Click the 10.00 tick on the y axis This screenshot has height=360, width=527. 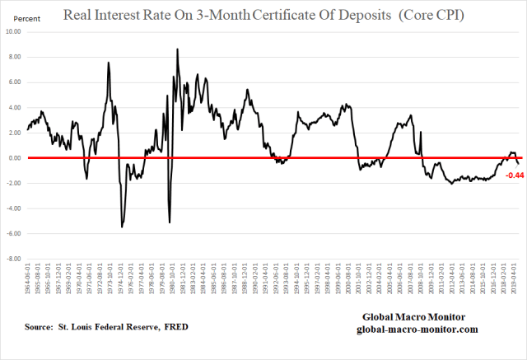pos(12,31)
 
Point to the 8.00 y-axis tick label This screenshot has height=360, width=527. pos(13,57)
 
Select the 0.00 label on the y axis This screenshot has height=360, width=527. pos(13,157)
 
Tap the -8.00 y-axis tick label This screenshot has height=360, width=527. pos(12,259)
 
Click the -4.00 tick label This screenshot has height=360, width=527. pos(12,208)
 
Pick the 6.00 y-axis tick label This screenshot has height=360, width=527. pos(13,82)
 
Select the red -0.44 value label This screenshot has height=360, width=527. pos(514,175)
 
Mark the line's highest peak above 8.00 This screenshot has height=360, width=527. pos(177,49)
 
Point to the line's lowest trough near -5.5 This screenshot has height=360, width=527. pos(122,227)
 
